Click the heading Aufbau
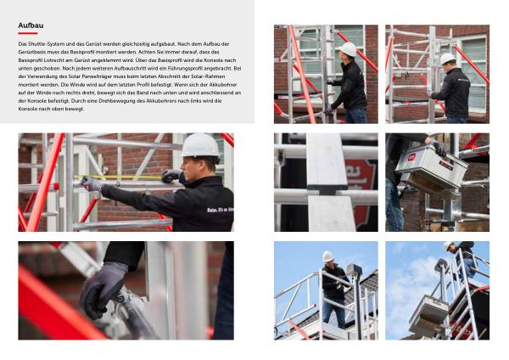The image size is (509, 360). (x=31, y=25)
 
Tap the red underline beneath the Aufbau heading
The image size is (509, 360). (x=28, y=33)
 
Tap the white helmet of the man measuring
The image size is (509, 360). (x=200, y=145)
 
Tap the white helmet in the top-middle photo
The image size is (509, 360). (x=347, y=49)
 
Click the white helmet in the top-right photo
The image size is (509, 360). (x=447, y=59)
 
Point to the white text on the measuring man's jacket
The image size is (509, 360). (x=220, y=210)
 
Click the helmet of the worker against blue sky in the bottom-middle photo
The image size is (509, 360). (x=327, y=256)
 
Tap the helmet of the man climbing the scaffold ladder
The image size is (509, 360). (x=448, y=245)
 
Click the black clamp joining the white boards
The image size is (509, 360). (x=327, y=189)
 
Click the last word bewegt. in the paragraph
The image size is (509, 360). (x=75, y=109)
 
